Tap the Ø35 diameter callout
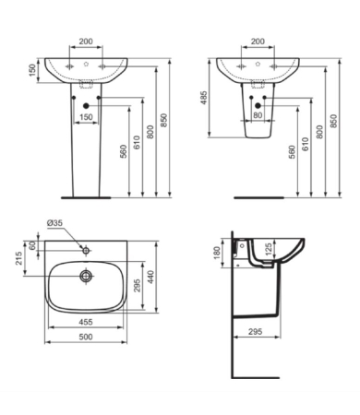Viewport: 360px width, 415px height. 55,222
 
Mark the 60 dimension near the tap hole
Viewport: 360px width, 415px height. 35,245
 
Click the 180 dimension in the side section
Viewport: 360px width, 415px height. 218,251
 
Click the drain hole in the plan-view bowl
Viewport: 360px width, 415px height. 84,275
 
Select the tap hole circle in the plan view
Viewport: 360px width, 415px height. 84,249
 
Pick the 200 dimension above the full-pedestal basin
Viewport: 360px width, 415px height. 85,42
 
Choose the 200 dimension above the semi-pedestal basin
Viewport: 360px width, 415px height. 257,42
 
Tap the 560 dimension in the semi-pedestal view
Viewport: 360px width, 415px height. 292,154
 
